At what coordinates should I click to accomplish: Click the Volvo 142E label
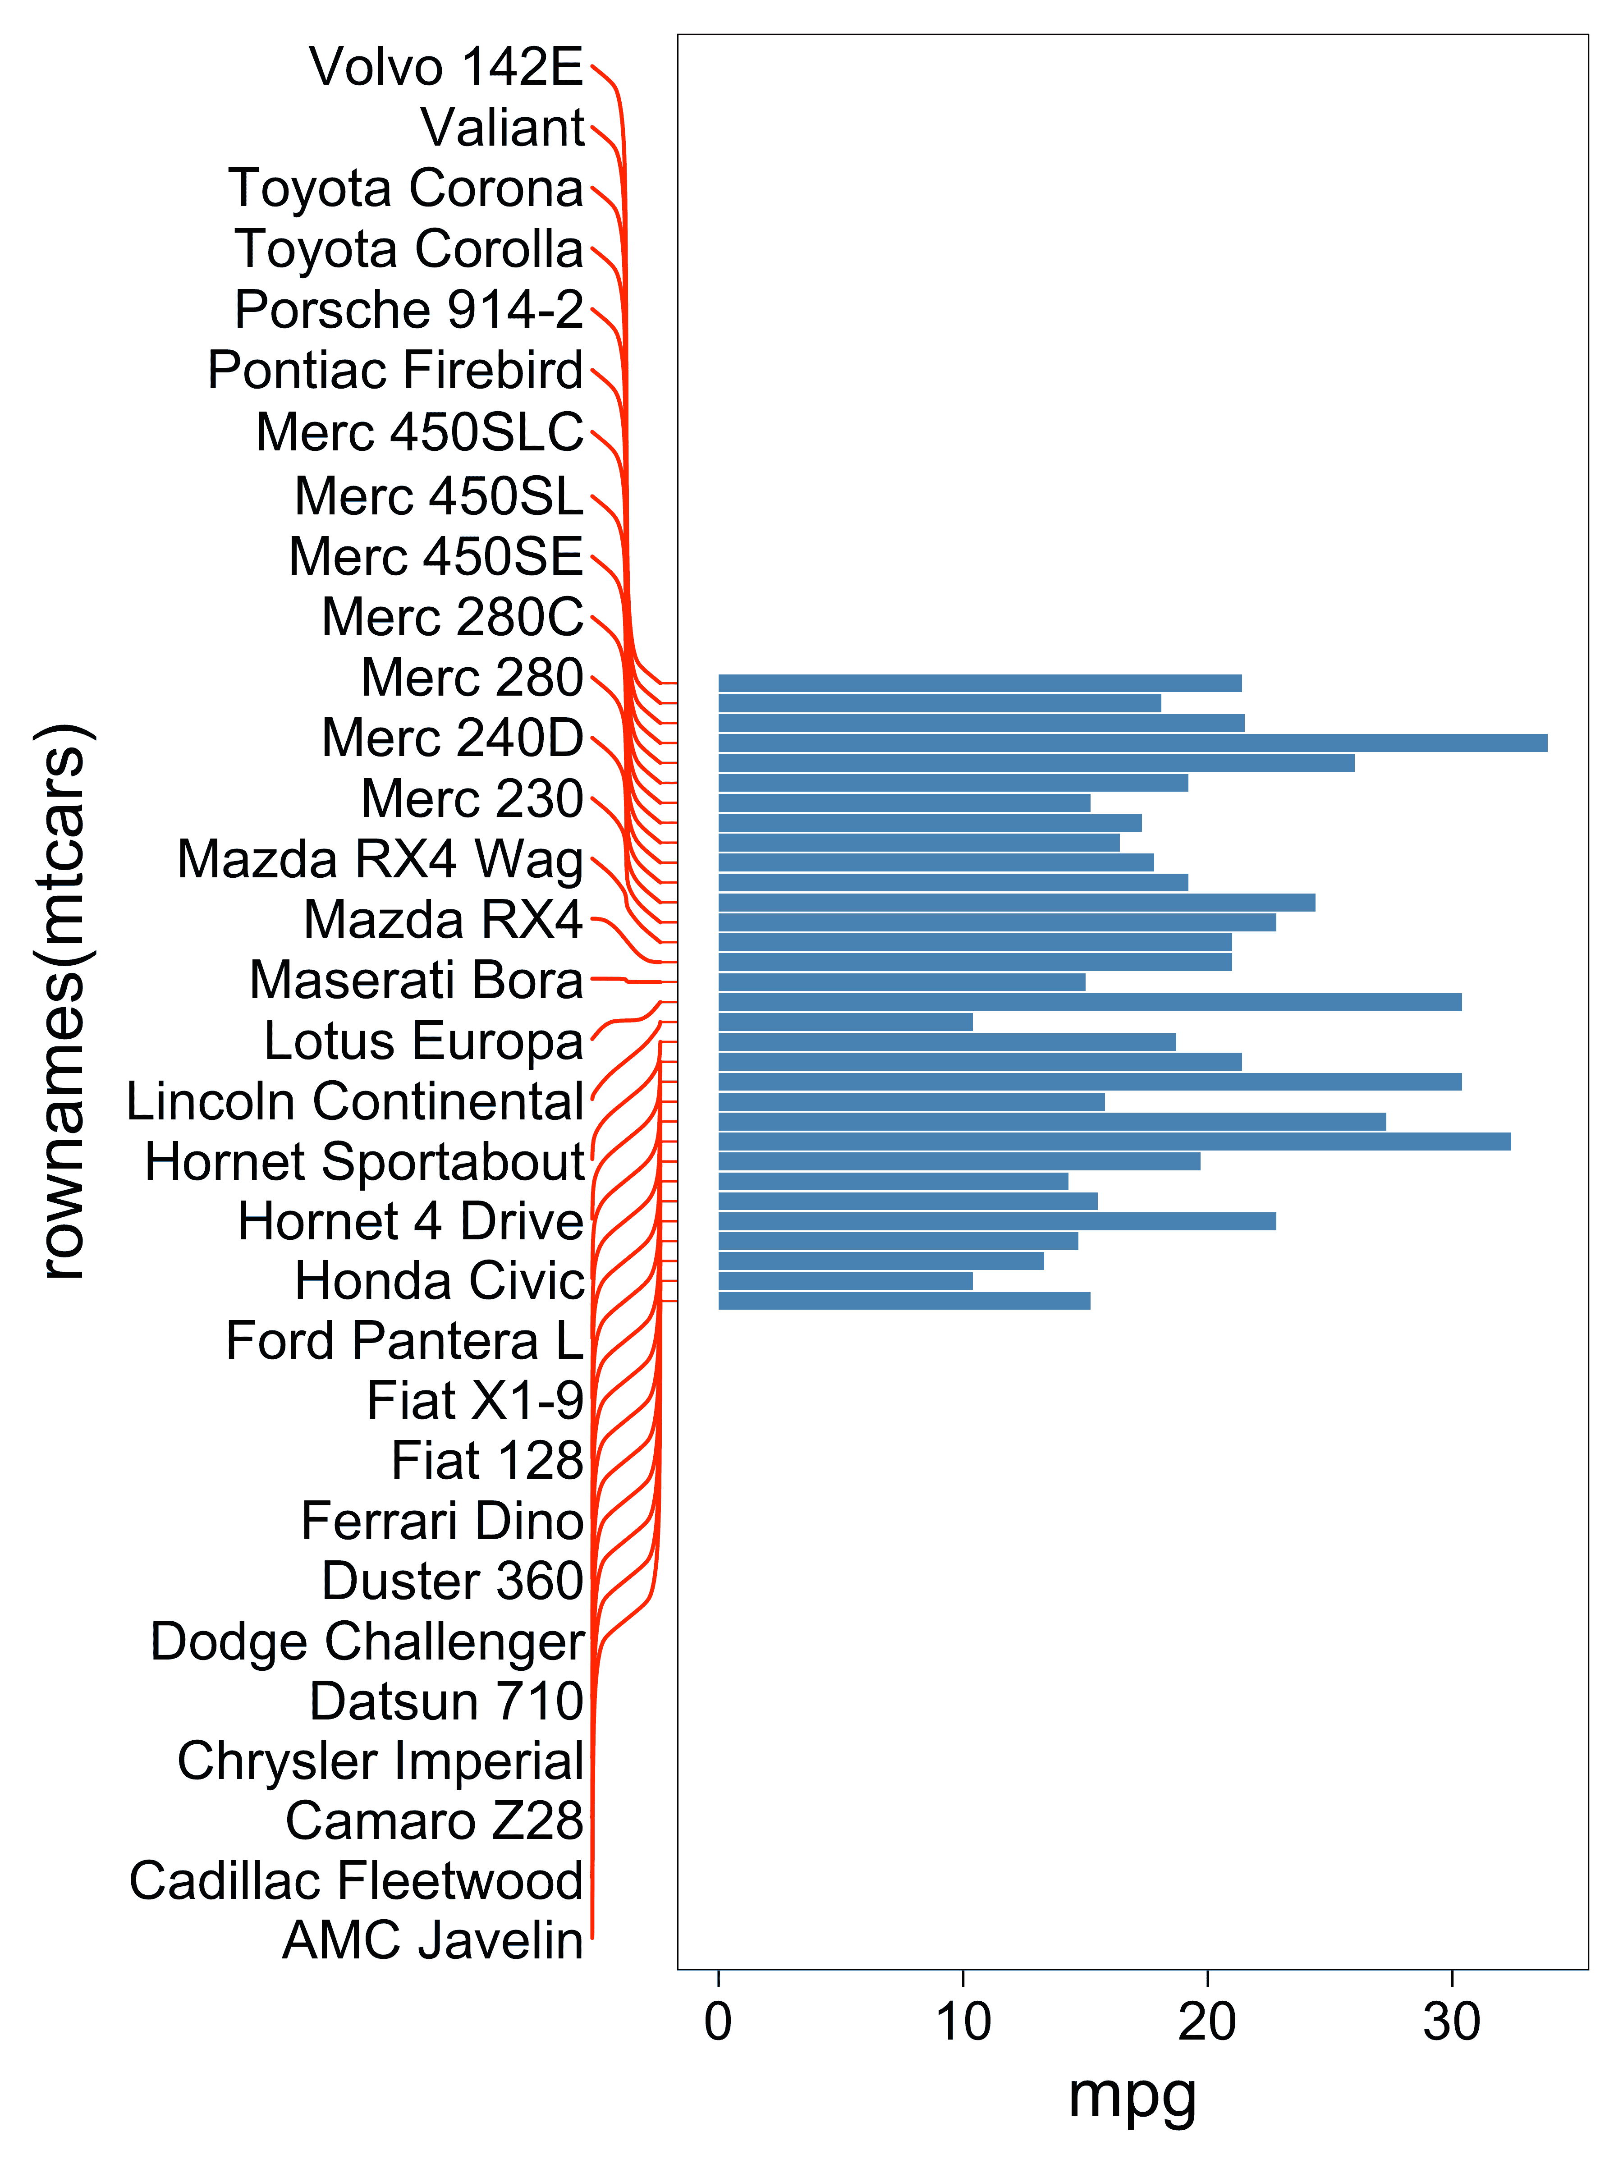point(446,68)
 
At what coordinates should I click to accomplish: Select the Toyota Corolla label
point(409,249)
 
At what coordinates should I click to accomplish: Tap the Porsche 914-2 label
point(409,310)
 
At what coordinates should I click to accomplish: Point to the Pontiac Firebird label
point(395,371)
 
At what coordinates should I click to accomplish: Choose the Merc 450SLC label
point(419,432)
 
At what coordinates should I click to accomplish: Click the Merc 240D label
point(452,738)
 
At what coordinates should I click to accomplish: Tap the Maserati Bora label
point(416,980)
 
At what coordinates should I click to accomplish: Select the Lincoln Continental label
point(355,1101)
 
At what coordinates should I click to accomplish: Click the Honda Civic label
point(439,1282)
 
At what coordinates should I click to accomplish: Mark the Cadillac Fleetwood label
point(356,1881)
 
